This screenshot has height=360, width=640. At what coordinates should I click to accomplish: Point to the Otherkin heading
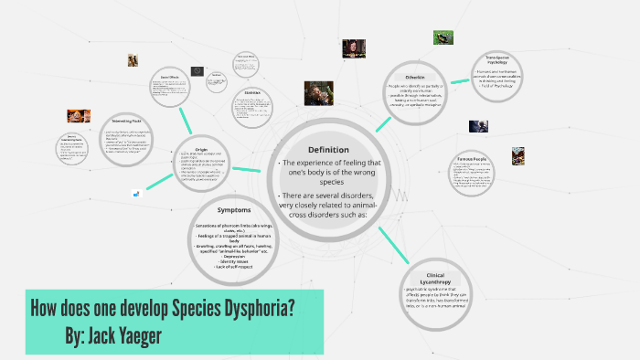[413, 78]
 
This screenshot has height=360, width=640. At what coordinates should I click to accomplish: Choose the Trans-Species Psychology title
[497, 63]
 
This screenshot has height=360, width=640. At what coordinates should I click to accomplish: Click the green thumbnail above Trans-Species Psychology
[444, 37]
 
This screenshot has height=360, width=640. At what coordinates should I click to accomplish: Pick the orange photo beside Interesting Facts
[79, 116]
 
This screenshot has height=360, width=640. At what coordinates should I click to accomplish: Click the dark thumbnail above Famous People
[479, 127]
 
